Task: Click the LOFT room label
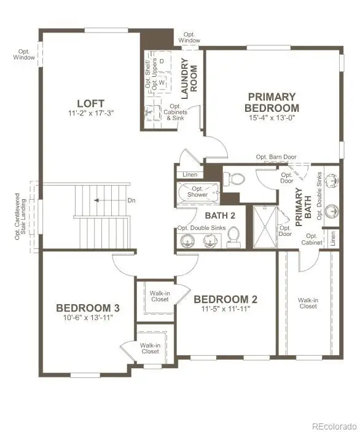pos(91,104)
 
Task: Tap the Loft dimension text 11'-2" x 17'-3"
pos(91,113)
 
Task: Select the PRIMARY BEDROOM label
pos(272,102)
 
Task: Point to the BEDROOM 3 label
pos(88,308)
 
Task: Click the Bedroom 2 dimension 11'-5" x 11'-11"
pos(225,308)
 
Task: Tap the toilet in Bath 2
pos(233,237)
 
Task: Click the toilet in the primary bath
pos(234,179)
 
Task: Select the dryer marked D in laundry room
pos(162,61)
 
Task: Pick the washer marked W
pos(162,82)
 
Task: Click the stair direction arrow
pos(96,200)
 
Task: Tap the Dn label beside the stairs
pos(131,200)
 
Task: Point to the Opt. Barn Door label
pos(276,157)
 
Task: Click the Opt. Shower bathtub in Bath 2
pos(197,193)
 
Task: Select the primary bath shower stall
pos(264,227)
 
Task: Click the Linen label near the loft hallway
pos(190,175)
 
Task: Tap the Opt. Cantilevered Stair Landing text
pos(20,216)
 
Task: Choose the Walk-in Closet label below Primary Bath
pos(308,303)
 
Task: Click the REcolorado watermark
pos(334,426)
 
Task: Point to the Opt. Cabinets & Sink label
pos(175,112)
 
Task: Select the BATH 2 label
pos(220,216)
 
